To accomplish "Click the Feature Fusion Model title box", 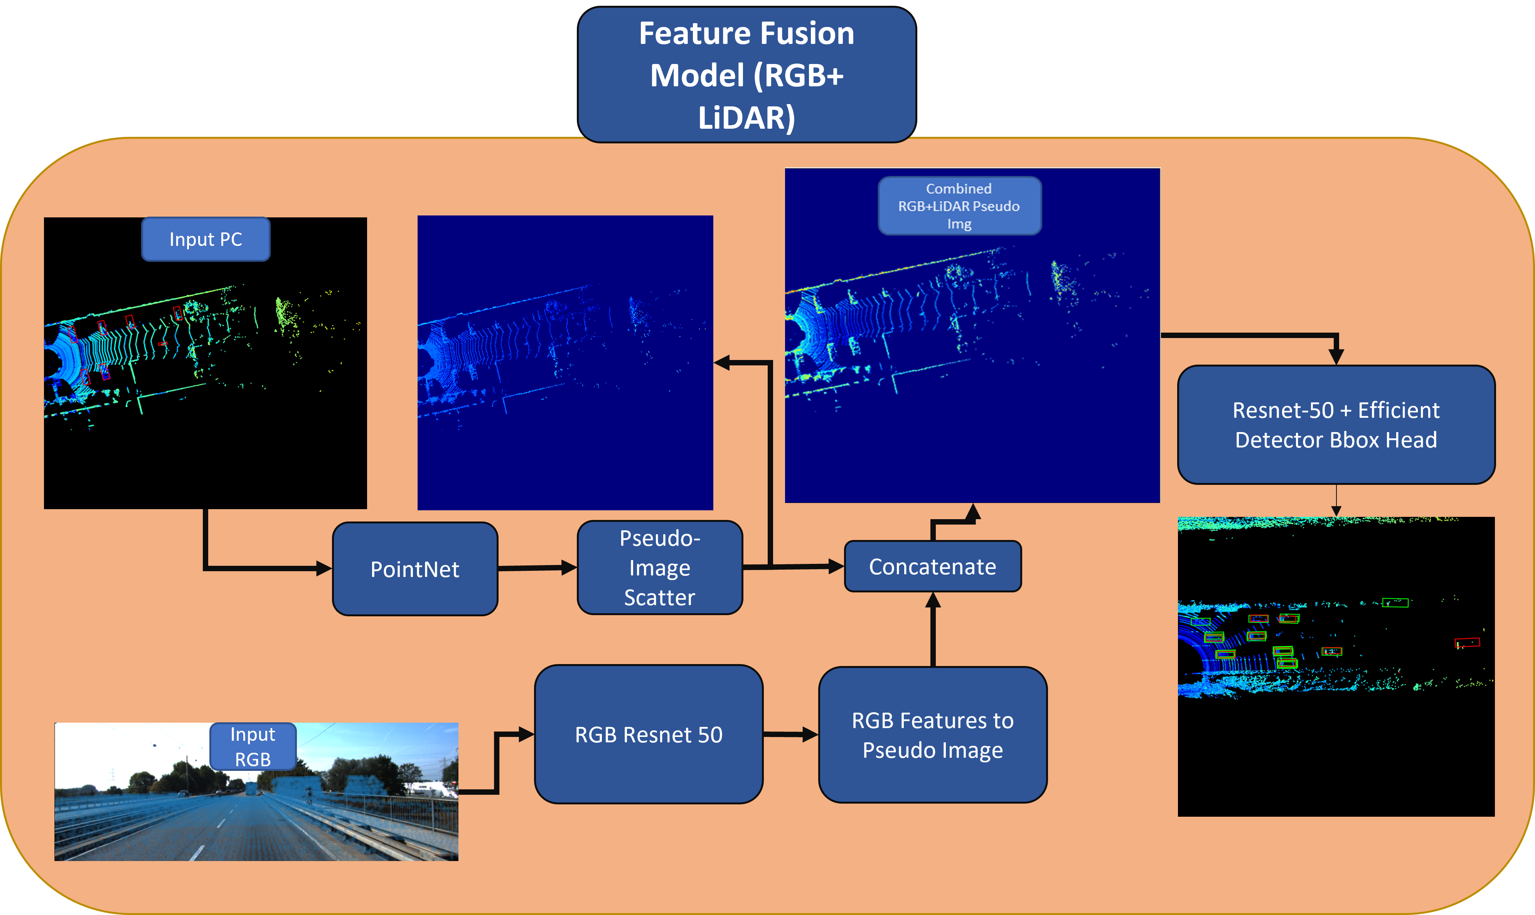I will tap(746, 75).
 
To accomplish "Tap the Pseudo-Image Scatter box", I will tap(659, 568).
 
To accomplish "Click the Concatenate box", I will tap(932, 567).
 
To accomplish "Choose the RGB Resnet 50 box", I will tap(648, 734).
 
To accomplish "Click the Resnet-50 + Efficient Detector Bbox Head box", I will tap(1335, 425).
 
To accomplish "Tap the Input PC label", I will tap(206, 239).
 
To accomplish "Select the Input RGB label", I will tap(253, 747).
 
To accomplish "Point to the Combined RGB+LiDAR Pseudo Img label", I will tap(959, 206).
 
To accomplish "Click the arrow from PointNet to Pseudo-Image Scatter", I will tap(537, 568).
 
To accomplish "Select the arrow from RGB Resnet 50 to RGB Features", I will tap(790, 734).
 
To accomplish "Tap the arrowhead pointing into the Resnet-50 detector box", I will tap(1336, 357).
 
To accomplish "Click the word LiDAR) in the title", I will tap(746, 118).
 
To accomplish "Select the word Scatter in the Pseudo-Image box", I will tap(659, 597).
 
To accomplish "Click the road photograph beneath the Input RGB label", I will tap(256, 814).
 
